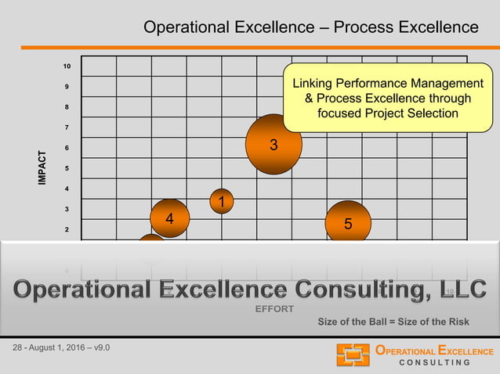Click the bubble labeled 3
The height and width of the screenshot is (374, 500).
click(274, 144)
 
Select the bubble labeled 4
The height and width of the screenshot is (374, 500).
click(169, 219)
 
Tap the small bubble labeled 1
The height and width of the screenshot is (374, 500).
click(222, 202)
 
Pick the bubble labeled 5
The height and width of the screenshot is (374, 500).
click(348, 223)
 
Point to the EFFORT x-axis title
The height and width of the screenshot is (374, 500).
click(274, 308)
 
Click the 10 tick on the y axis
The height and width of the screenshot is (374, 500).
click(67, 67)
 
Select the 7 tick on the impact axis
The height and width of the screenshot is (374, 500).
click(67, 128)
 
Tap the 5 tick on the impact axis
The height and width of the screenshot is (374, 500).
click(67, 168)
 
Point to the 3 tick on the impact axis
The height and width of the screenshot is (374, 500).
click(67, 209)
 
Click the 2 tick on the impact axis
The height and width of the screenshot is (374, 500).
click(67, 229)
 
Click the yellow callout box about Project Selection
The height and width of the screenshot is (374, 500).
click(387, 99)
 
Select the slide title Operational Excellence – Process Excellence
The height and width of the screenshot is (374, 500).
click(310, 28)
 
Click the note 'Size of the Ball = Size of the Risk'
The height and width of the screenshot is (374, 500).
click(393, 322)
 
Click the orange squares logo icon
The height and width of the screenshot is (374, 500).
click(353, 354)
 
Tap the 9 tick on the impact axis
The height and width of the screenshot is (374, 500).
click(67, 87)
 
